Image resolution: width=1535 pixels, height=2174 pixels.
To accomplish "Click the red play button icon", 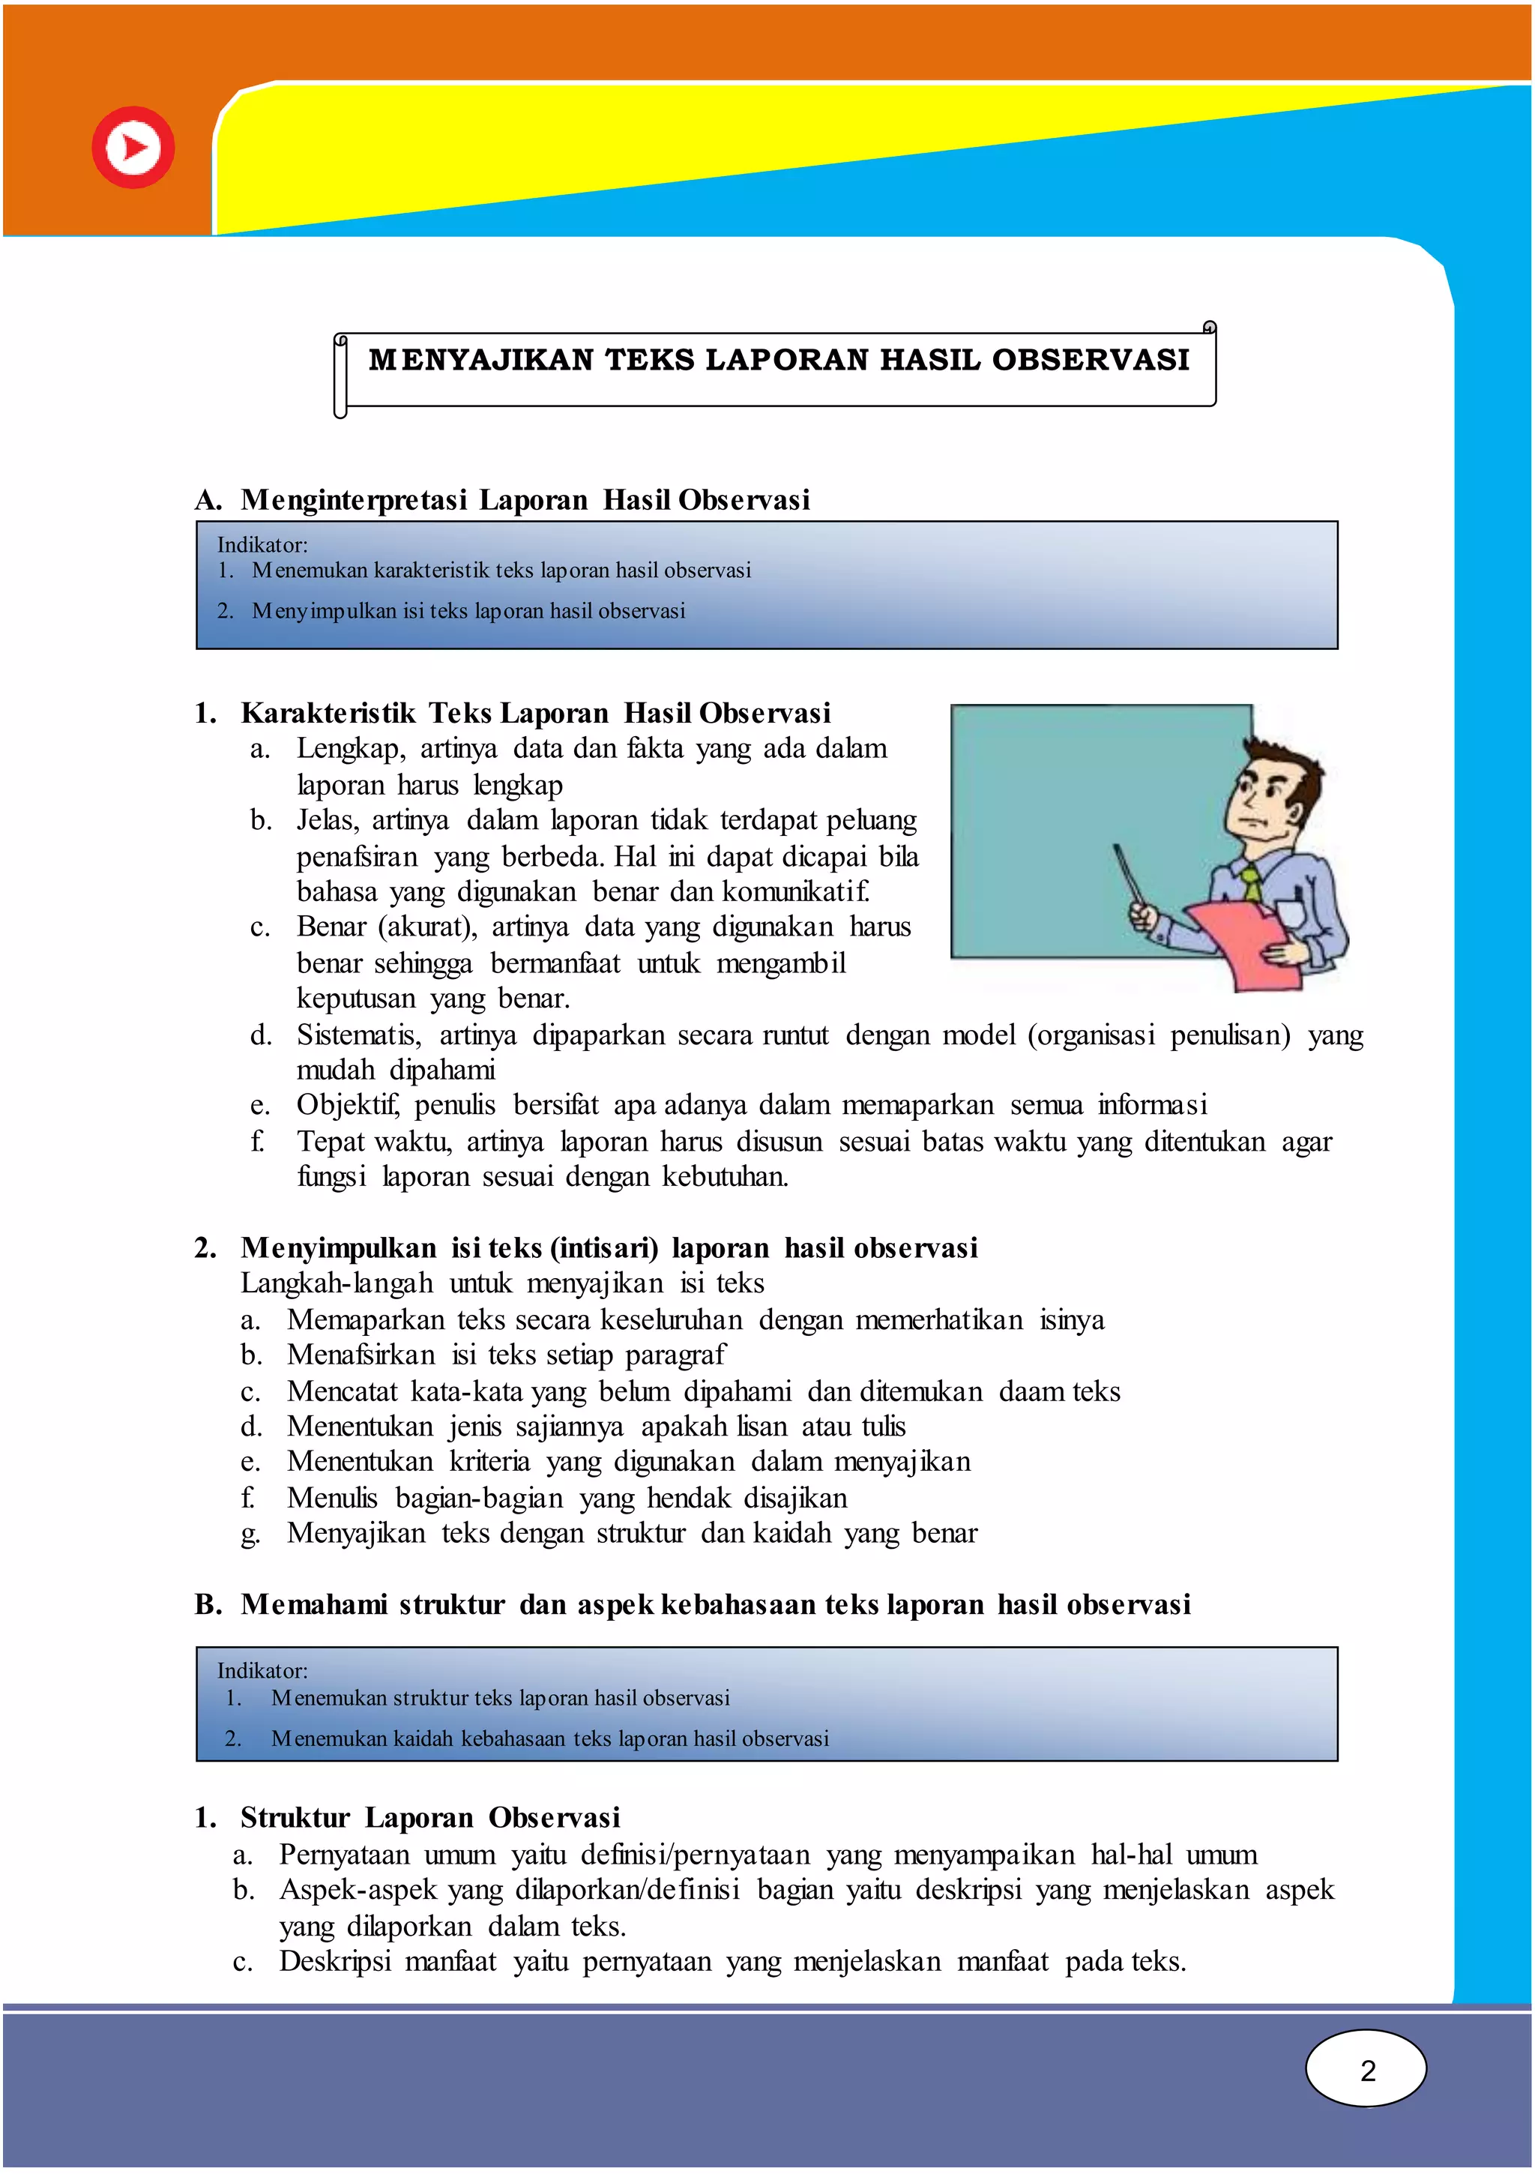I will pos(133,148).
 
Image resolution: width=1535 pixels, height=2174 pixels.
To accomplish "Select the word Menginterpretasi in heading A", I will pos(353,500).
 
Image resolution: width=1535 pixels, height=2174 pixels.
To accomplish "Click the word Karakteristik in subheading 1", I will pos(328,713).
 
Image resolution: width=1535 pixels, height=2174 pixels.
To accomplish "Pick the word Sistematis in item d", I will pos(358,1035).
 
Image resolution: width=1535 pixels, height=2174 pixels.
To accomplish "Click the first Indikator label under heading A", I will pos(262,544).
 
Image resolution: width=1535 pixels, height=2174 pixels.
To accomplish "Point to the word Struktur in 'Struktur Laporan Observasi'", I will pos(295,1817).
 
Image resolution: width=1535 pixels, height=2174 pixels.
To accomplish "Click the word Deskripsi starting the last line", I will pos(334,1961).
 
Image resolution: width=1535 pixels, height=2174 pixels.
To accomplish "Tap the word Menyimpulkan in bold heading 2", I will pos(338,1248).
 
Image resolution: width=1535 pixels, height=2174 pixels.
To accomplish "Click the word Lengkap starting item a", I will pos(349,749).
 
